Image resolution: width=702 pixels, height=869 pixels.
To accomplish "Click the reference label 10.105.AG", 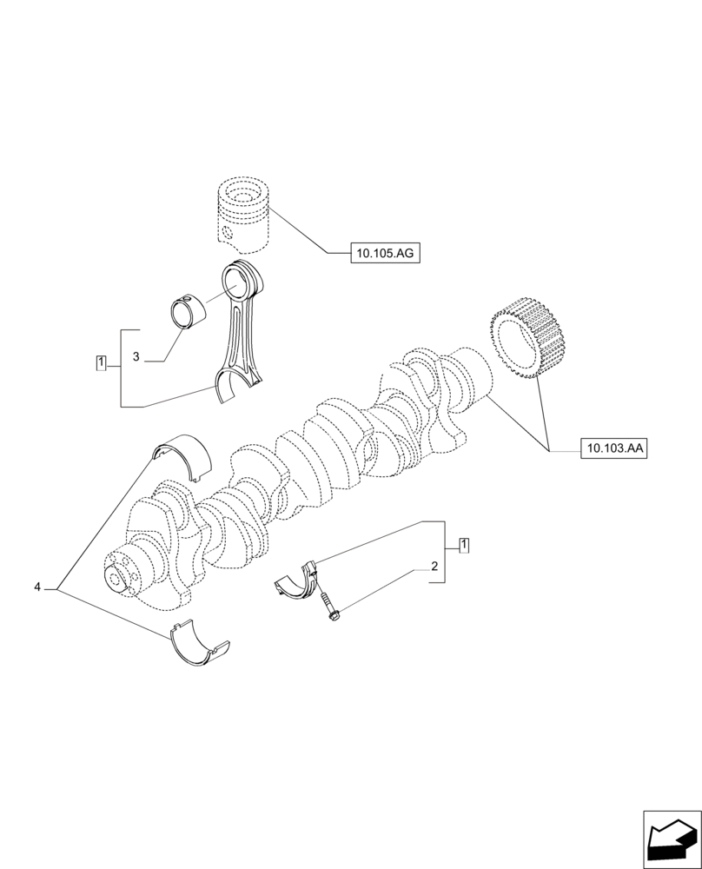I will (385, 253).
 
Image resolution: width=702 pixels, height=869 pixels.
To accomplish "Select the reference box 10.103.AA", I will (614, 448).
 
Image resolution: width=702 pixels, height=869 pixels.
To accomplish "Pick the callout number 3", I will (136, 357).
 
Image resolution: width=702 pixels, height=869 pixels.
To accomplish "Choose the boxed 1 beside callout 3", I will (102, 362).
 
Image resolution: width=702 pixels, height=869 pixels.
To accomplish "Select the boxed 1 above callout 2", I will (464, 545).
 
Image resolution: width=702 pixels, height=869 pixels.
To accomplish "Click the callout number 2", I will (433, 567).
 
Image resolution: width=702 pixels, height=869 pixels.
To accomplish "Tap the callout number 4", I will (37, 588).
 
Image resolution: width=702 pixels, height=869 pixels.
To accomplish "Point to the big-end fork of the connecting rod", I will (235, 383).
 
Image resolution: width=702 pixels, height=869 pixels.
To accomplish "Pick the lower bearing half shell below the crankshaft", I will (198, 643).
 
